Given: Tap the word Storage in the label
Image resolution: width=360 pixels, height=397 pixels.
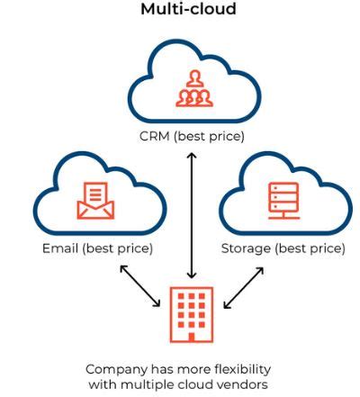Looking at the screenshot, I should (245, 248).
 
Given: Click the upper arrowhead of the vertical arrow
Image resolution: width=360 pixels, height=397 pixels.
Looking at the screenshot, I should (190, 156).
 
